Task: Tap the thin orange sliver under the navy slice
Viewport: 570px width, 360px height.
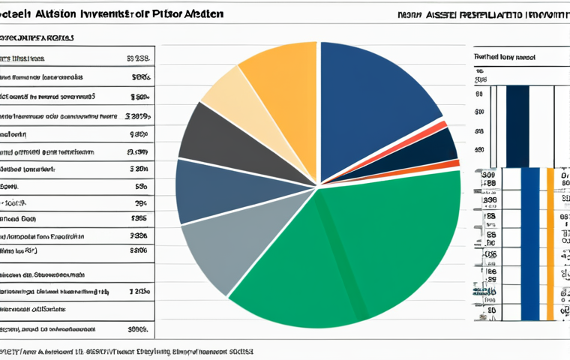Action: pyautogui.click(x=442, y=166)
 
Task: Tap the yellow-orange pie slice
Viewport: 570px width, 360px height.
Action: pyautogui.click(x=281, y=75)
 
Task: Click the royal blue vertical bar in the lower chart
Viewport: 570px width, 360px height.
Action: pyautogui.click(x=530, y=244)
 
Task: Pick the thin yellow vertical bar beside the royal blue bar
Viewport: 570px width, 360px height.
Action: pyautogui.click(x=550, y=244)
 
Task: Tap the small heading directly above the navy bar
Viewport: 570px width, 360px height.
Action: pyautogui.click(x=507, y=56)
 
